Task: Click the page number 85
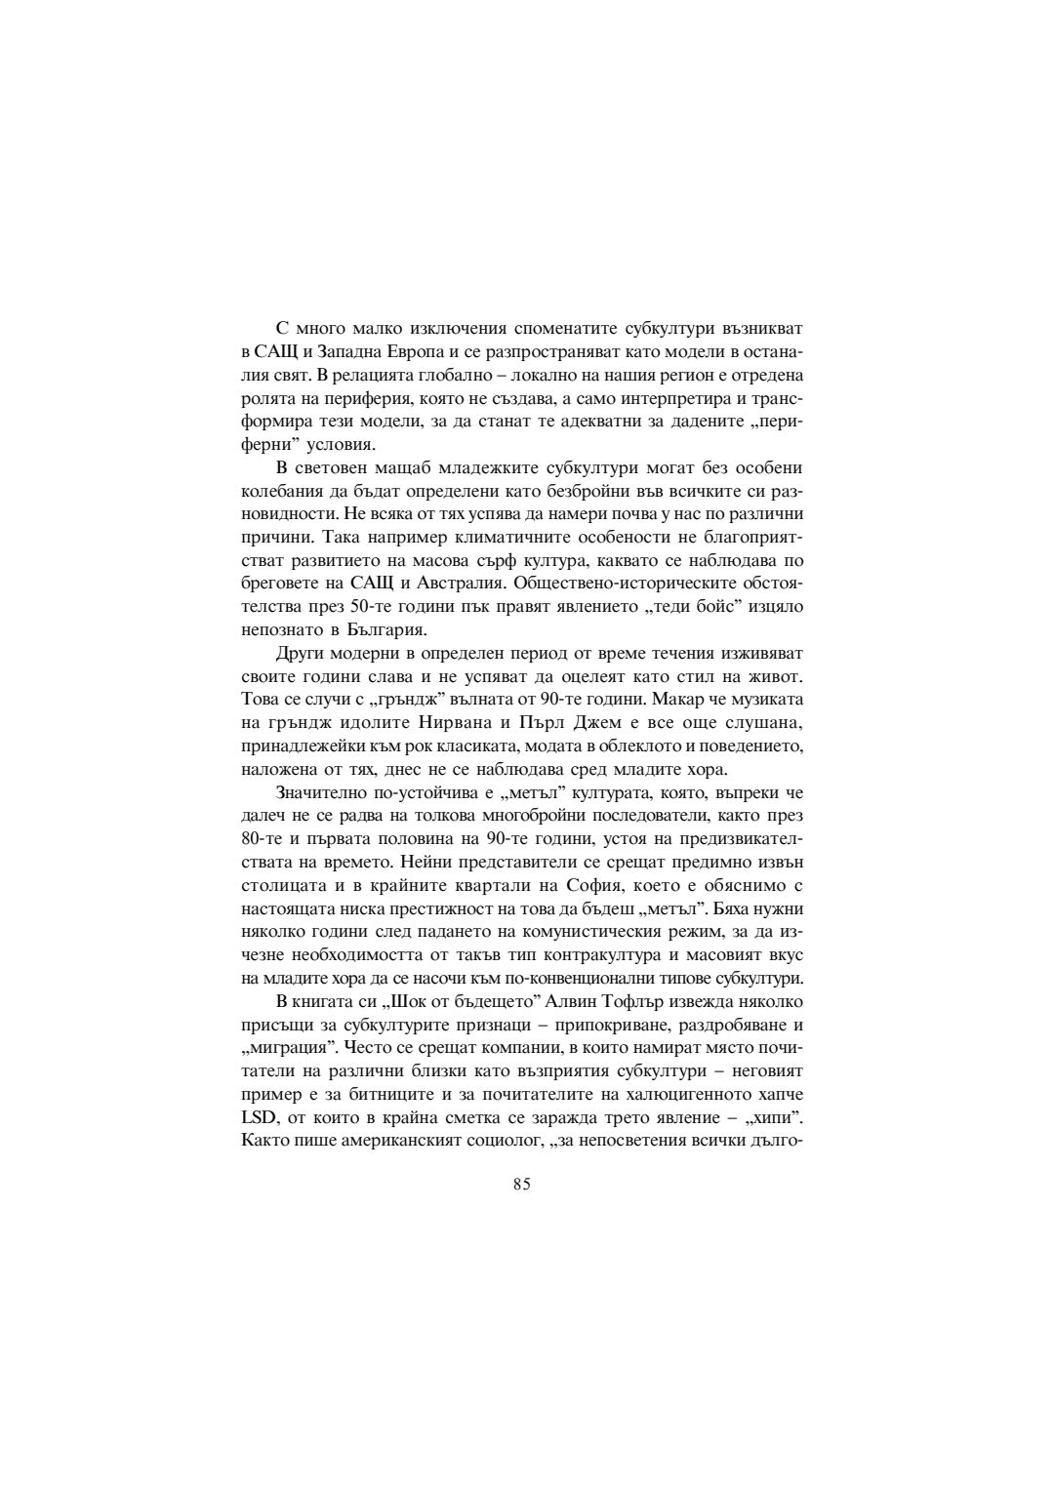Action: (521, 1185)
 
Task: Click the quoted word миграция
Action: (283, 1048)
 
